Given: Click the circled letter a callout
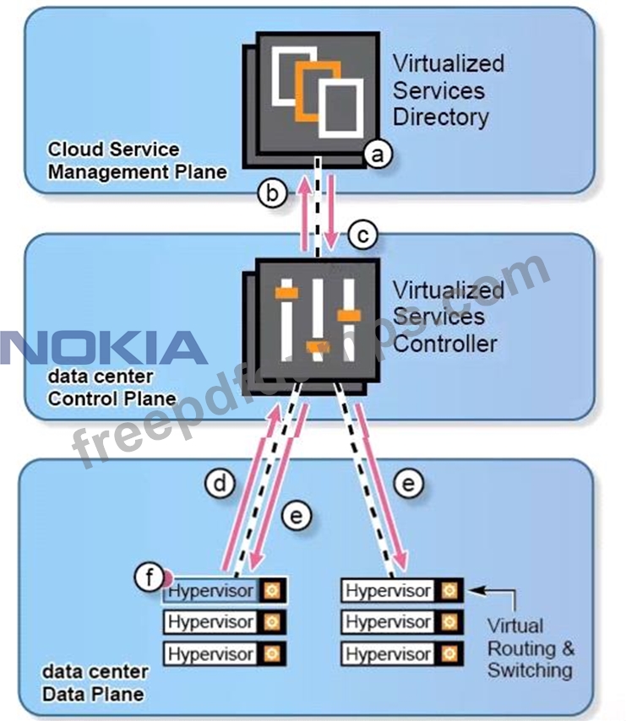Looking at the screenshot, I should coord(378,154).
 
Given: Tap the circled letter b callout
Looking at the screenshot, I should coord(273,193).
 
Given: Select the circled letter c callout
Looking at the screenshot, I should coord(362,236).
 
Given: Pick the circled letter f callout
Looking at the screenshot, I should coord(150,578).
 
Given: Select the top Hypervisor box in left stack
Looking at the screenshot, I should coord(211,591).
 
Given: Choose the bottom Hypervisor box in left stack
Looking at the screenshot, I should coord(211,653).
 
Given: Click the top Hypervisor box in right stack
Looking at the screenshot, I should coord(388,590).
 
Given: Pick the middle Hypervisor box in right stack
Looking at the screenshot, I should coord(388,622).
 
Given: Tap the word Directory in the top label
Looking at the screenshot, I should coord(441,117).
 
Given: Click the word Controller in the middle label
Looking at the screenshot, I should coord(445,344).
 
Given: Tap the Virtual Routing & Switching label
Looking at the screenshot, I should coord(531,648).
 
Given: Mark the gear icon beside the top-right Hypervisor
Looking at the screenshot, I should coord(449,590).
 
